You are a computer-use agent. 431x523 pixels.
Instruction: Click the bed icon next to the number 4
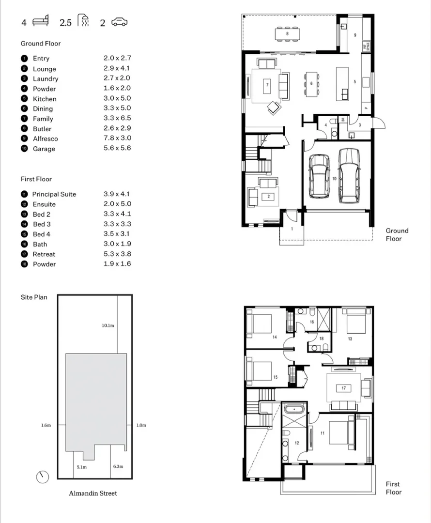[x=41, y=22]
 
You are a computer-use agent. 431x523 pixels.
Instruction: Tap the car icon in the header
[x=119, y=22]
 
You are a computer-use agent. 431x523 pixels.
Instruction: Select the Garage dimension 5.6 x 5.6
[x=117, y=148]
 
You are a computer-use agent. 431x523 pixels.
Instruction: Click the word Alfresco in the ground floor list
[x=45, y=138]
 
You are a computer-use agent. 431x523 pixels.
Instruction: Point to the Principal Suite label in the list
[x=54, y=194]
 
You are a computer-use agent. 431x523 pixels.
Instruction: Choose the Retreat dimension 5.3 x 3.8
[x=117, y=254]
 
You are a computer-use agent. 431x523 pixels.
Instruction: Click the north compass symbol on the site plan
[x=43, y=477]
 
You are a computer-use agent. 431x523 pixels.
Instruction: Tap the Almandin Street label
[x=92, y=493]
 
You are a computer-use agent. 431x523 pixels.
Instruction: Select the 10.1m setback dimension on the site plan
[x=108, y=325]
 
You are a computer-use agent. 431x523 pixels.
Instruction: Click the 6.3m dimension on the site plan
[x=118, y=467]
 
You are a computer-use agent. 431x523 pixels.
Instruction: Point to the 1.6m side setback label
[x=46, y=425]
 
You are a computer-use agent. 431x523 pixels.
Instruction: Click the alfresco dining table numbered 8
[x=287, y=34]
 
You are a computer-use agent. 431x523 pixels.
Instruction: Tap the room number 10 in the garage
[x=335, y=179]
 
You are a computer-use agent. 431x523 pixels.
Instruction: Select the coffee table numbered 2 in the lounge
[x=268, y=196]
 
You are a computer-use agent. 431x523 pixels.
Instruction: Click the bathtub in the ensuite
[x=293, y=409]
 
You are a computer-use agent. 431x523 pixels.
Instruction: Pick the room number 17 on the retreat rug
[x=343, y=388]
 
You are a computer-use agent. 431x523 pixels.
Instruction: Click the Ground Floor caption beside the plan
[x=397, y=234]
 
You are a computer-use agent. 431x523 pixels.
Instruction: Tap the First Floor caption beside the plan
[x=393, y=488]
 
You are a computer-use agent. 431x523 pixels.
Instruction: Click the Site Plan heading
[x=34, y=297]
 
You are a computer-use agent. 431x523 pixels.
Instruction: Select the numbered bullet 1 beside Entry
[x=24, y=58]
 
